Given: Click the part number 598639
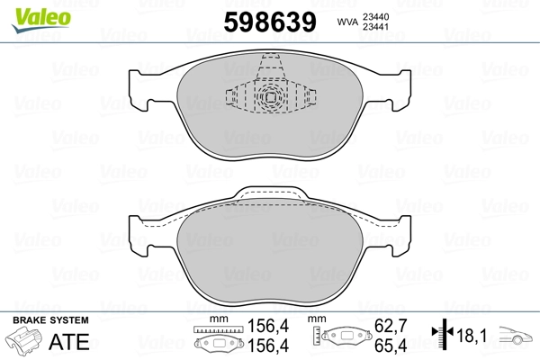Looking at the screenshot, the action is point(270,22).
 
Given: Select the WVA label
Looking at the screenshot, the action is point(347,22).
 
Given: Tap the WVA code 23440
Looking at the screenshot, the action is point(375,17).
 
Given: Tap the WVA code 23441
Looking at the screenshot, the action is point(375,27).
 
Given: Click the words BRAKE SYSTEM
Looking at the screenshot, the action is point(50,320).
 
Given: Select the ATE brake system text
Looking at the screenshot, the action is point(69,341).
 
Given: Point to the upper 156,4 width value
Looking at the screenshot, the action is point(268,326).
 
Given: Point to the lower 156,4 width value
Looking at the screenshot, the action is point(268,346).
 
